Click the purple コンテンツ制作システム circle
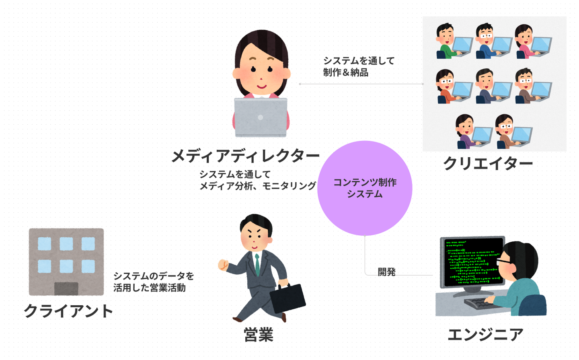[365, 188]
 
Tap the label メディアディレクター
[246, 156]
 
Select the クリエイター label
[488, 163]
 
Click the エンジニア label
[486, 334]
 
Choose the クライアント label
[68, 311]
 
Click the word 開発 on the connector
[387, 272]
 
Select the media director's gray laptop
[261, 117]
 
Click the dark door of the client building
[66, 289]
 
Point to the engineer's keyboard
[478, 303]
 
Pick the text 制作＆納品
[346, 73]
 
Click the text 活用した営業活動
[150, 288]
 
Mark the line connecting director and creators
[361, 84]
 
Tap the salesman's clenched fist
[223, 265]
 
